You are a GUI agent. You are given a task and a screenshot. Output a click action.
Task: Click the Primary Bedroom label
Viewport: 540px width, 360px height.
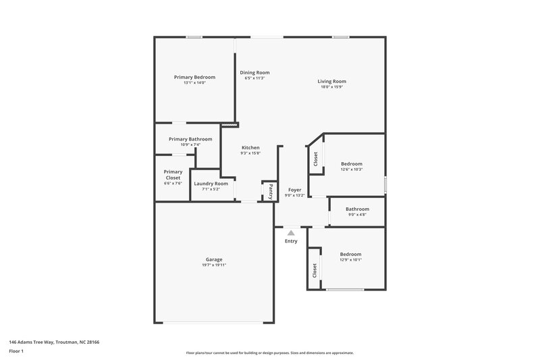pos(194,77)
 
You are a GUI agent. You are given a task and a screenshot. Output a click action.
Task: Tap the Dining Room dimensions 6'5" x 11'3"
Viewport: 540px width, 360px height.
pos(254,78)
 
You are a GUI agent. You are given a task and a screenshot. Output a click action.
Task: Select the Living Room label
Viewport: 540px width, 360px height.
pos(332,81)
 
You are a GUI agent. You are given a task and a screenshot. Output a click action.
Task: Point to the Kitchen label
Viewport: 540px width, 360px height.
pos(250,147)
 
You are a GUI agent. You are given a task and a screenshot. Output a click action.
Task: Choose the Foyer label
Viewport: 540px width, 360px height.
pos(294,190)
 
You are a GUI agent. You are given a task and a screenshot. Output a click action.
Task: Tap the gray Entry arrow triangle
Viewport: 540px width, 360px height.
pos(291,232)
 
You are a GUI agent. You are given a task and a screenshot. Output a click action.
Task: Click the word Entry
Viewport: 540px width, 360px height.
pos(291,241)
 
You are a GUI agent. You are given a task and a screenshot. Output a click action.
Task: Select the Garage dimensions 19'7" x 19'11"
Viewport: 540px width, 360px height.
pos(214,265)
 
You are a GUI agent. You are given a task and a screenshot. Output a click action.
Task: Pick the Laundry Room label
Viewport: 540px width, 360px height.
pos(211,183)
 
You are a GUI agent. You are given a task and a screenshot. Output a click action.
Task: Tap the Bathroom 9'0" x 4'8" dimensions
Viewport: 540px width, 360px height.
pos(357,215)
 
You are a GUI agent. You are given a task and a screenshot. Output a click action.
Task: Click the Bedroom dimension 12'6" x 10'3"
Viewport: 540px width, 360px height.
pos(351,169)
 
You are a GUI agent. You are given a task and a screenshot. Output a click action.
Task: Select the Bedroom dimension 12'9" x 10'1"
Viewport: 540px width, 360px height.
pos(351,259)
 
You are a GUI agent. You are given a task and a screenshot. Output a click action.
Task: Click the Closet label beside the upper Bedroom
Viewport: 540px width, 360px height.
pos(315,159)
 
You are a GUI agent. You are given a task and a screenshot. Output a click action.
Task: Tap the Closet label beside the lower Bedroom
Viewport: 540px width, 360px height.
pos(315,270)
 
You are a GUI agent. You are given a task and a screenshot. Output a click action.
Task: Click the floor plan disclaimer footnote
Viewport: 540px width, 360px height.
pos(270,353)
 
